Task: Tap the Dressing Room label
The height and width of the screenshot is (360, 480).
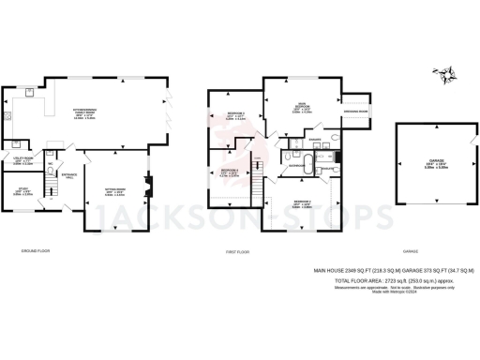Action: point(357,111)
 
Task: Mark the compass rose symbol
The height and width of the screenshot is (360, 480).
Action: point(439,73)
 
